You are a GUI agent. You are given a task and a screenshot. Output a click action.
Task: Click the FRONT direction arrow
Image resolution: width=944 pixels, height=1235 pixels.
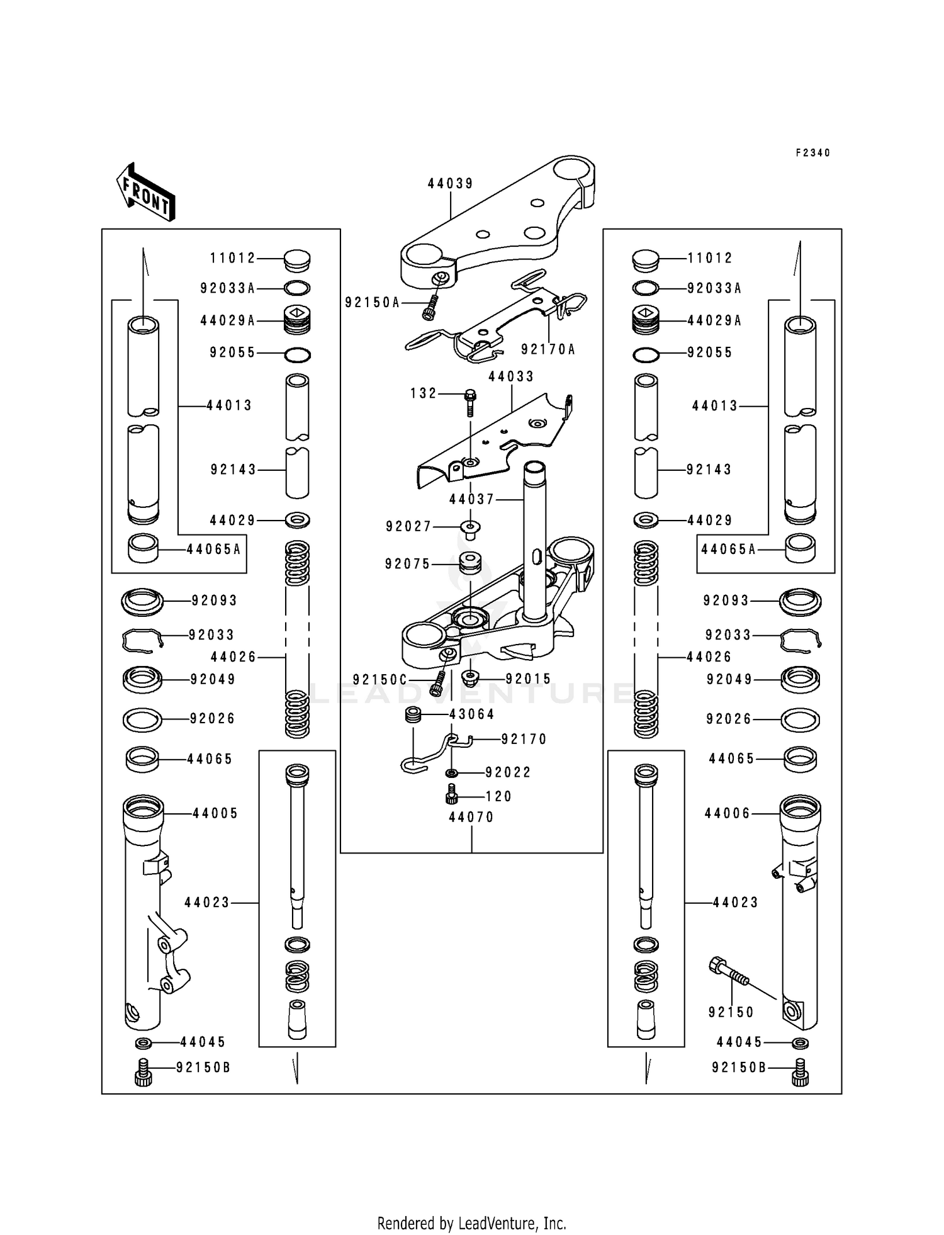(145, 191)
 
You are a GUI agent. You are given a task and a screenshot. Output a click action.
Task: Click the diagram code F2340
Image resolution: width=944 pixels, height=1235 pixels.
(813, 153)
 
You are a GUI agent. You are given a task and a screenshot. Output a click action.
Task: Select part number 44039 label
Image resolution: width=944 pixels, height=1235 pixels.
(451, 184)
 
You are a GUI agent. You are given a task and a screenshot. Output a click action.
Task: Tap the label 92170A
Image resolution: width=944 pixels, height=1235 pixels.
(548, 349)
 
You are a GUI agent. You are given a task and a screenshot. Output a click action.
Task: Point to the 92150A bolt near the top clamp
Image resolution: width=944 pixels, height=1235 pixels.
(430, 308)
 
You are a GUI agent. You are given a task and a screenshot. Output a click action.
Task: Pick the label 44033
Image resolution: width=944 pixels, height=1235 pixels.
(511, 376)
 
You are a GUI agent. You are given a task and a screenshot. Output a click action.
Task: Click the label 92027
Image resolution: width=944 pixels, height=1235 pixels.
(409, 527)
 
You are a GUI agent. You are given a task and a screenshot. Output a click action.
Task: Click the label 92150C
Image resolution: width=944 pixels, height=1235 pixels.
(380, 680)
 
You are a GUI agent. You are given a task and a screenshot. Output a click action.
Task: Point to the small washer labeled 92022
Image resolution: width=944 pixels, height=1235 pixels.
(452, 772)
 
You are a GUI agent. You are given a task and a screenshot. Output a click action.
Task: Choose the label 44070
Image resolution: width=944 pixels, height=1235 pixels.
(471, 818)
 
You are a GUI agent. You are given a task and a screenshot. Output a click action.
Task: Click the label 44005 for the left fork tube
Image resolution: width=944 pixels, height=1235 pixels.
(215, 814)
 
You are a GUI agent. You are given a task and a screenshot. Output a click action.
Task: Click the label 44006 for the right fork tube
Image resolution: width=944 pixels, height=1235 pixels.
(728, 814)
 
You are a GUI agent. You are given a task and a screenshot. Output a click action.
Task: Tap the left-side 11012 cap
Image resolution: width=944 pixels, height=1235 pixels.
(297, 259)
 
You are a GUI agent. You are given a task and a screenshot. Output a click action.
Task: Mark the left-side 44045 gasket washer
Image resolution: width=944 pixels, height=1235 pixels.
(143, 1044)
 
